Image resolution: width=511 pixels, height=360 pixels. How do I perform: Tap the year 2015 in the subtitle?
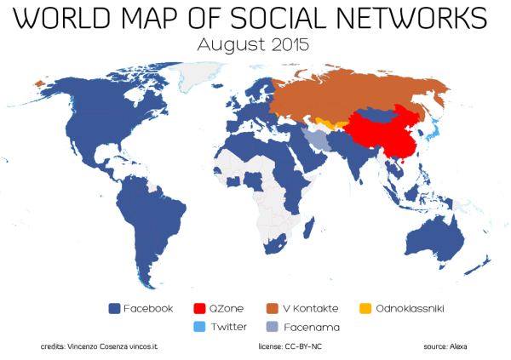pos(287,45)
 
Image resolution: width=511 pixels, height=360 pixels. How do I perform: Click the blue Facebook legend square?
pos(114,308)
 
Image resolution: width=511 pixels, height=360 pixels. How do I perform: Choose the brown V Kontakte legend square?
pos(273,308)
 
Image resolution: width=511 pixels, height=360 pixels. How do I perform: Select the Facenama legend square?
pos(273,326)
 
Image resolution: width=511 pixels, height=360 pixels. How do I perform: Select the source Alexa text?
pos(445,347)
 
